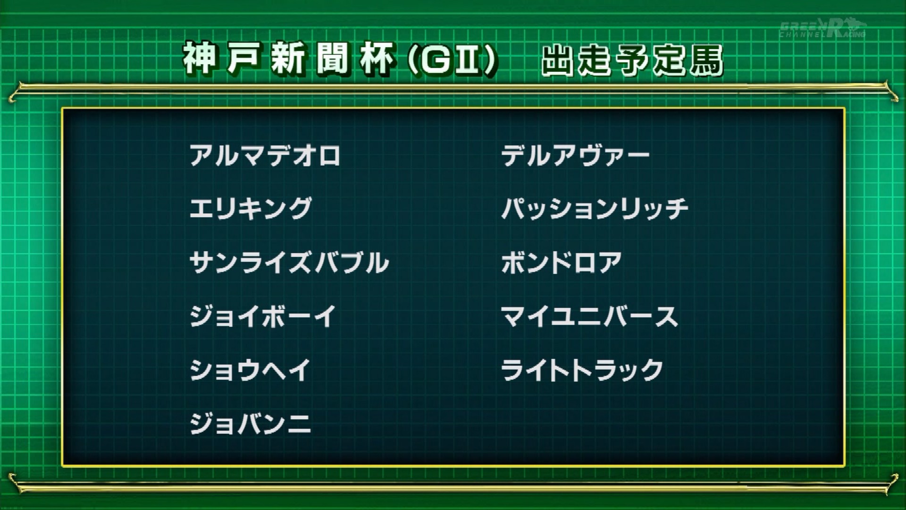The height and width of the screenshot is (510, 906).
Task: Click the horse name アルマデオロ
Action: pos(265,155)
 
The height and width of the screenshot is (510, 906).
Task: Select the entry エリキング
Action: pos(251,209)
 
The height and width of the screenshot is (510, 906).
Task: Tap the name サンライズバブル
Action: pos(289,262)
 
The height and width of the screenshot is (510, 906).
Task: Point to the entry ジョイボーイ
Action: pos(263,316)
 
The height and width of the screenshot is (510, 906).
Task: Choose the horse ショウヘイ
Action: pos(250,370)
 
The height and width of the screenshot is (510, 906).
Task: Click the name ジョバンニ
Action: pos(250,423)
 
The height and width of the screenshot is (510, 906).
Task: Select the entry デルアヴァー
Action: pos(575,155)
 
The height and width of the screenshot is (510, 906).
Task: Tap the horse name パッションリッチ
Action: pos(595,209)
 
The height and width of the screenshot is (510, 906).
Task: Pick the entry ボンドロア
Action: pos(562,262)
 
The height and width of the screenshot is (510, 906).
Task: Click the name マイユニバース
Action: pos(589,316)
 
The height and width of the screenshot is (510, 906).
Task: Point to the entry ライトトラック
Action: pos(582,370)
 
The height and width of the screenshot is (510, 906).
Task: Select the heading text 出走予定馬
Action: pos(632,60)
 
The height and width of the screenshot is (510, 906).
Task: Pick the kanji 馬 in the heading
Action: pos(706,60)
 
